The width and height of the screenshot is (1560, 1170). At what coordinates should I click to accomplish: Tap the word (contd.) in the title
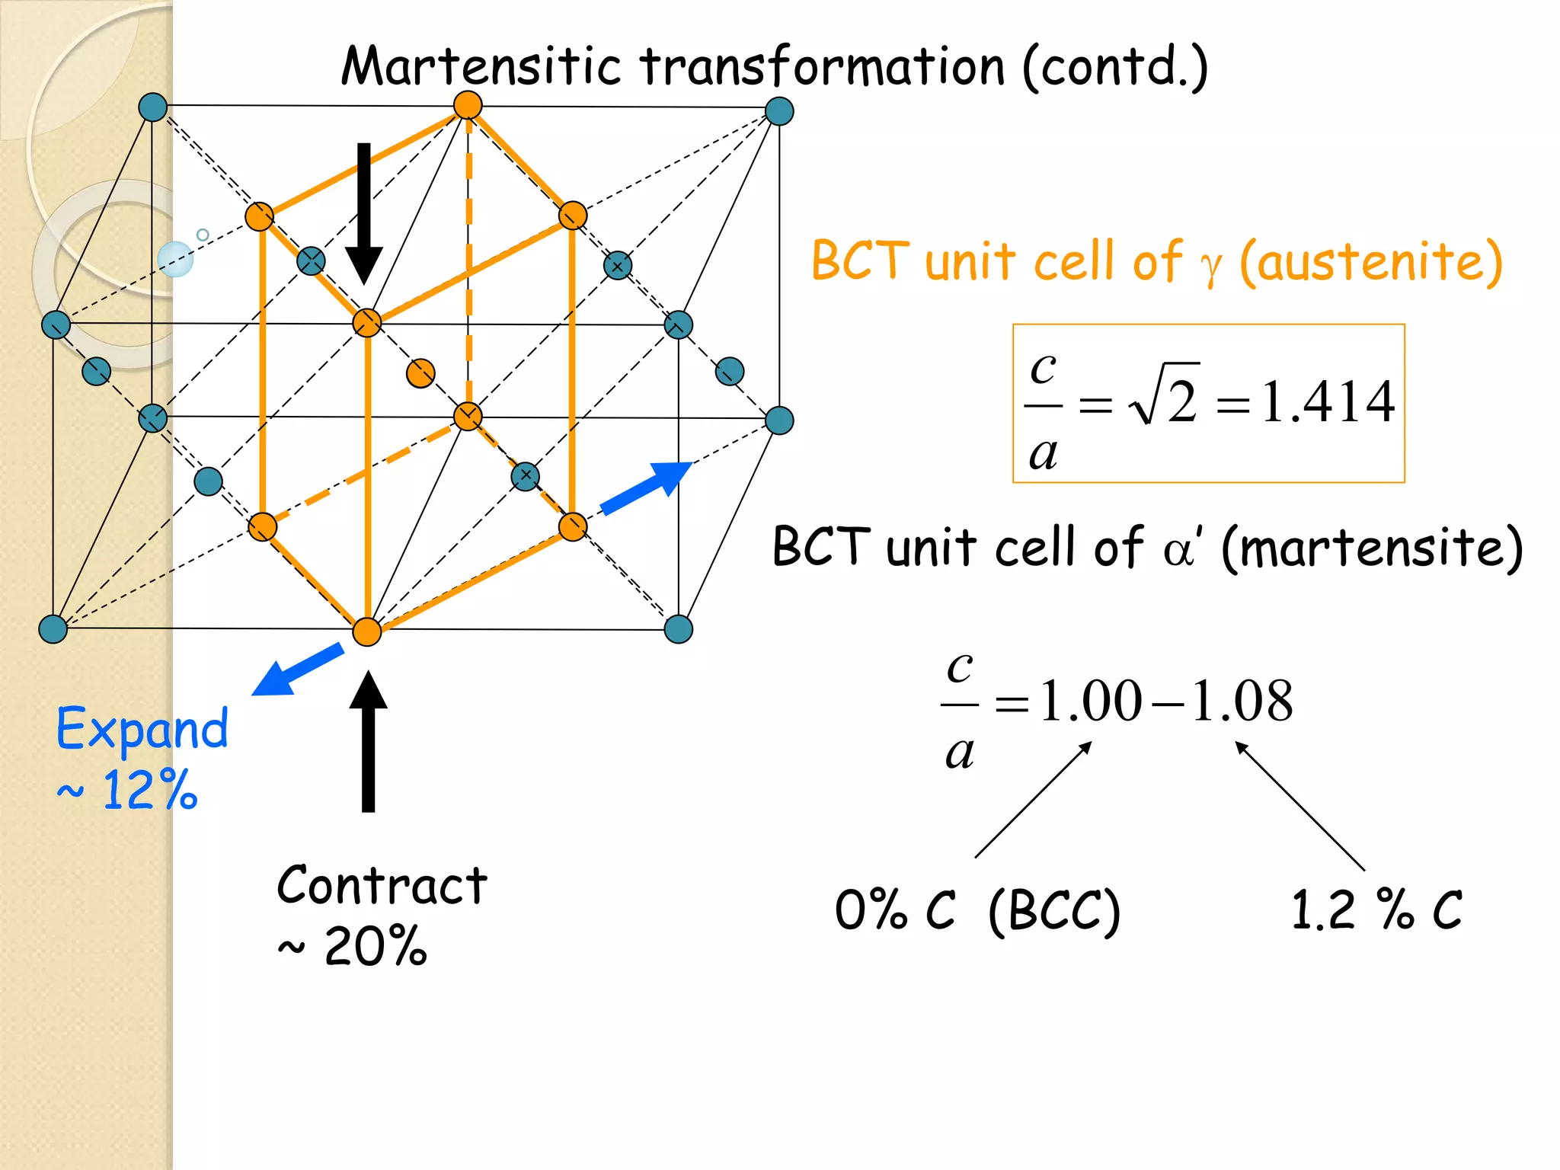[x=1114, y=67]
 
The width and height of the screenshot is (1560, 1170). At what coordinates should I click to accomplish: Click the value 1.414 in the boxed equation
[x=1328, y=401]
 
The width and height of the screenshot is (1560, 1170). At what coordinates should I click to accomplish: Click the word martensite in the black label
[x=1371, y=547]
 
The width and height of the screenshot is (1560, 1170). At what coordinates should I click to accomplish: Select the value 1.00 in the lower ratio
[x=1091, y=701]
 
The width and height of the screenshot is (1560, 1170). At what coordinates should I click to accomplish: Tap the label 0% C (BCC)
[x=977, y=909]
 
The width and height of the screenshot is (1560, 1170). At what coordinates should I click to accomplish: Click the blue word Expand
[x=142, y=729]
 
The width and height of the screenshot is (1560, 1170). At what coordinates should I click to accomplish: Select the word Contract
[x=382, y=886]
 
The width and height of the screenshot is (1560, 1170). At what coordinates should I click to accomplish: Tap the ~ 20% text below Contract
[x=353, y=947]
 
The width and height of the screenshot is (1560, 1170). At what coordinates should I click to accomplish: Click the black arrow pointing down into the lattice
[x=364, y=213]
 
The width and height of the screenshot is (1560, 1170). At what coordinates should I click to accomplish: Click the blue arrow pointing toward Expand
[x=297, y=669]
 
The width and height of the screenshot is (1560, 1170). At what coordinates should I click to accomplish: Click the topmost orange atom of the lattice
[x=468, y=105]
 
